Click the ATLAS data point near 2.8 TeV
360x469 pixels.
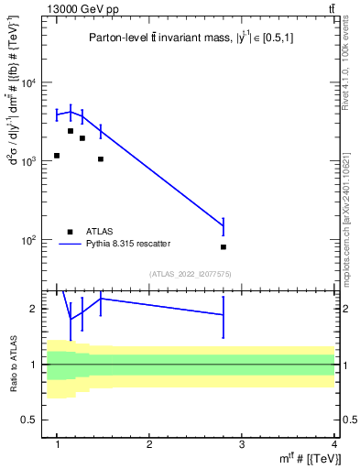pos(224,247)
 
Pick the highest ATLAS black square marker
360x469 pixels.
pos(71,131)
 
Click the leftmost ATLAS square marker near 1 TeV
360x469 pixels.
pos(57,156)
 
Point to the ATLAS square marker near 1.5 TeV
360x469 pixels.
pos(101,159)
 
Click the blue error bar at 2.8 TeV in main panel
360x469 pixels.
pos(224,226)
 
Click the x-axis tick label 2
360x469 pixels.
pos(149,444)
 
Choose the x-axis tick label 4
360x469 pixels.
pos(334,444)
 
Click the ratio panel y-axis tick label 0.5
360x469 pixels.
pos(33,420)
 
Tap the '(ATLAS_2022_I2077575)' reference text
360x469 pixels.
pos(190,273)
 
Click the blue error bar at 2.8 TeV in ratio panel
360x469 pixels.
pos(224,314)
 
